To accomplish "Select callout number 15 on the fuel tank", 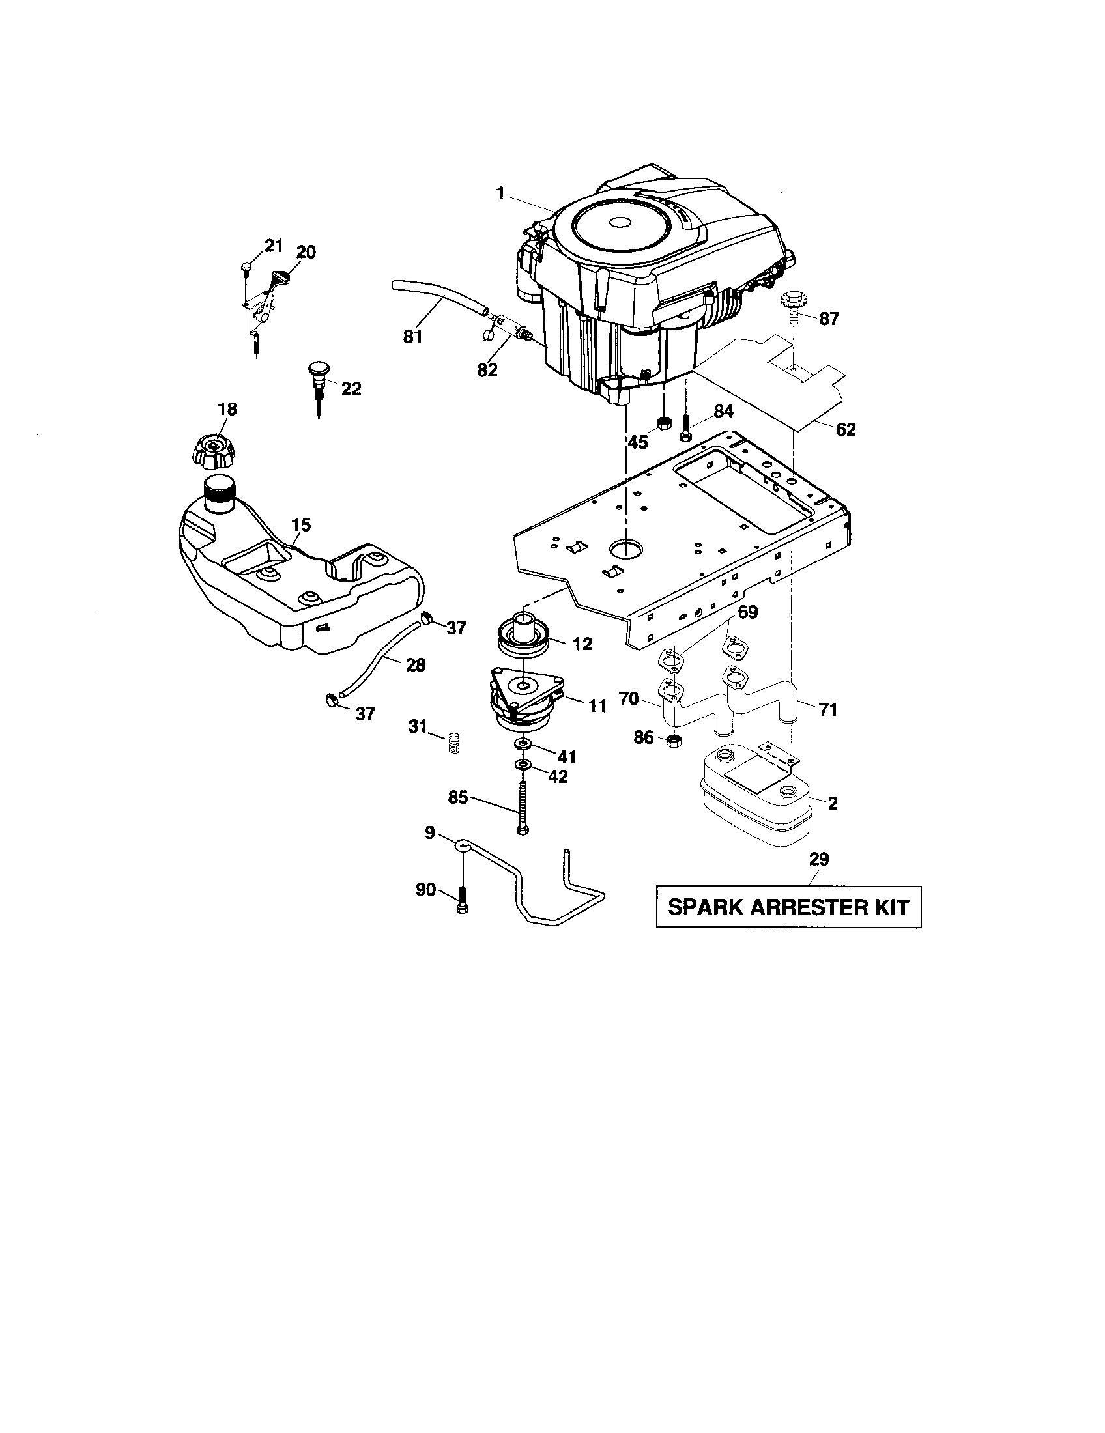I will coord(301,524).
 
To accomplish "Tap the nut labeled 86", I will coord(672,741).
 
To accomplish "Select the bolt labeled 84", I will coord(685,430).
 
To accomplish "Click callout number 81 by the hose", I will coord(412,337).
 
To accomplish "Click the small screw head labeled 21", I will coord(246,266).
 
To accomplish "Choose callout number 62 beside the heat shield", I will coord(846,430).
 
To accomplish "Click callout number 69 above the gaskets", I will coord(747,612).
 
